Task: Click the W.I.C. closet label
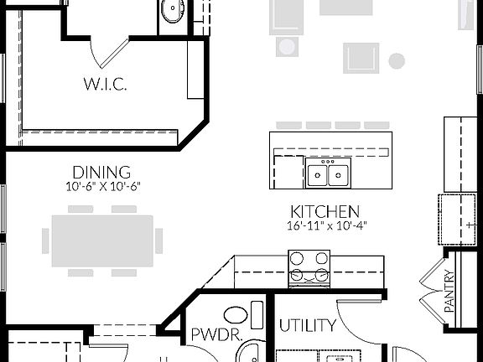click(104, 84)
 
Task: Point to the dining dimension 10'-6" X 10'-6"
click(101, 186)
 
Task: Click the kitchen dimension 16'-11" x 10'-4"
click(325, 225)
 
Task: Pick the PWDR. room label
click(217, 336)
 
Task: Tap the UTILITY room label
click(307, 325)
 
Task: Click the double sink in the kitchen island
click(329, 174)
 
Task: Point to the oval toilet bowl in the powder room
click(237, 315)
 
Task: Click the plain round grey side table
click(397, 60)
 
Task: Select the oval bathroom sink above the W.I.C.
click(173, 11)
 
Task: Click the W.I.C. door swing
click(109, 50)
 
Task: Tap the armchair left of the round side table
click(361, 57)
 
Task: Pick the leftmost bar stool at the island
click(288, 125)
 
